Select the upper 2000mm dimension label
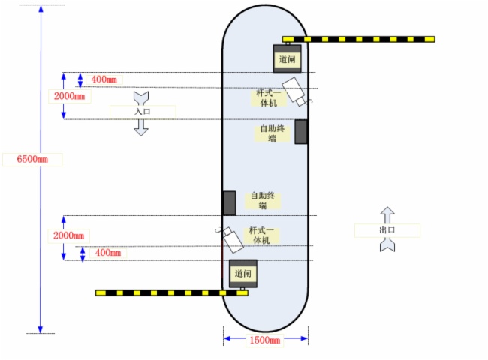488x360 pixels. [69, 96]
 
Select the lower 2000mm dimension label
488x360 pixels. [69, 235]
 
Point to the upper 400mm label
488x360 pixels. [105, 79]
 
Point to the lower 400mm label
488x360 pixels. [108, 253]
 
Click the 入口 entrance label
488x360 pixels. [143, 111]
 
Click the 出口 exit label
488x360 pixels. [387, 229]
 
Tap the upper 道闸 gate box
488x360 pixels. [287, 58]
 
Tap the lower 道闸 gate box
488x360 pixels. [242, 273]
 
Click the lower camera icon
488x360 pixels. [232, 238]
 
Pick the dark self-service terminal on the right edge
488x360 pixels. [300, 131]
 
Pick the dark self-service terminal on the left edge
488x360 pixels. [229, 202]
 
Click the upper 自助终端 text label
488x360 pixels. [273, 133]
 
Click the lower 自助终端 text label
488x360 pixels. [263, 200]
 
